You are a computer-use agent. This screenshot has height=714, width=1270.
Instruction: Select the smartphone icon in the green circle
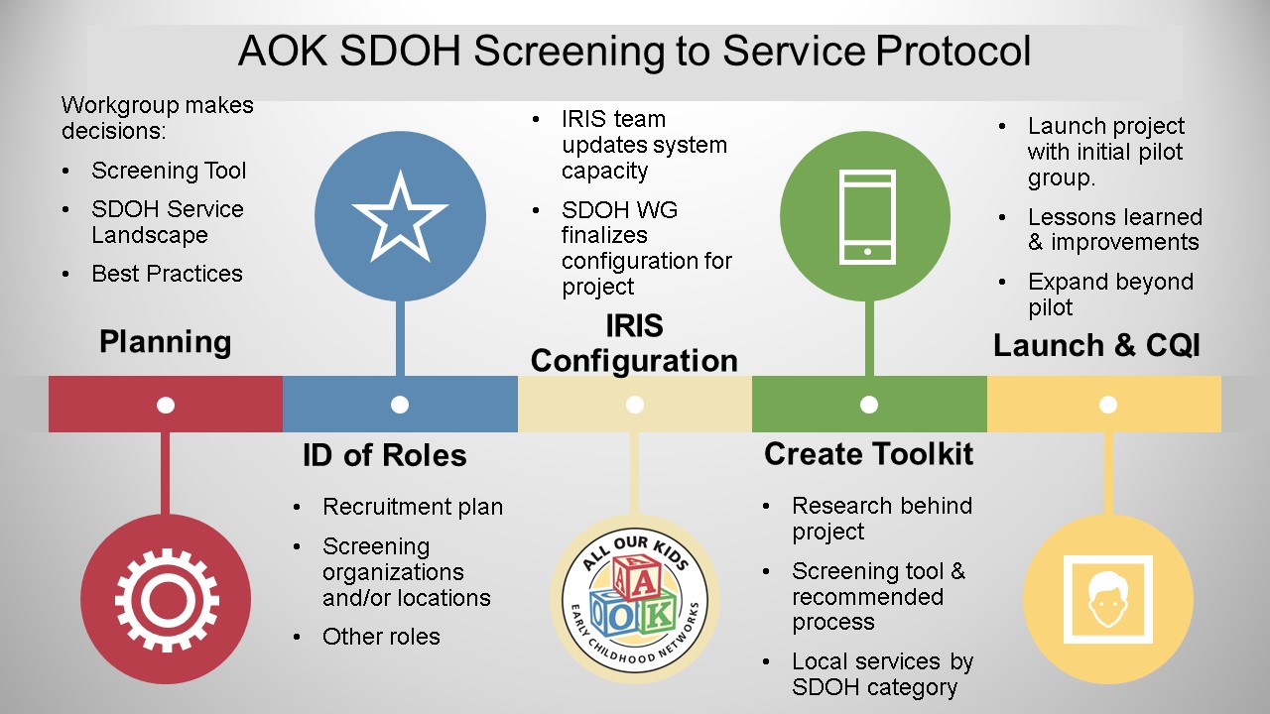[x=867, y=217]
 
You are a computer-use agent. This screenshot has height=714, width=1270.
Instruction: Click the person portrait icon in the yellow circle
[x=1108, y=600]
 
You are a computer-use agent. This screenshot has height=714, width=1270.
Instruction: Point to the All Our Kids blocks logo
[x=634, y=600]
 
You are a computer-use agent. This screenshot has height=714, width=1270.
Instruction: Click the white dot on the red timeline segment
[x=166, y=406]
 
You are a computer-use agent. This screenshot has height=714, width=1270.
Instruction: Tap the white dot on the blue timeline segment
[x=400, y=405]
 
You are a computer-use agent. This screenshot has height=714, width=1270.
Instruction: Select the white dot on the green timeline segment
[x=869, y=405]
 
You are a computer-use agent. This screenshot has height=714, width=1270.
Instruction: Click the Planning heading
[x=165, y=342]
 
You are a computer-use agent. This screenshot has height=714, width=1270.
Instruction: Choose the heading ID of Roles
[x=384, y=455]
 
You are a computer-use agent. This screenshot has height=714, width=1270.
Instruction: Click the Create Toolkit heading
[x=868, y=454]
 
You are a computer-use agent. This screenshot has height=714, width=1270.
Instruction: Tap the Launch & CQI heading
[x=1096, y=345]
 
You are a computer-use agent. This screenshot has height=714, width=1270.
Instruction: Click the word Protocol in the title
[x=953, y=51]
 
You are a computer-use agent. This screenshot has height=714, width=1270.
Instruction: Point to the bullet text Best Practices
[x=168, y=274]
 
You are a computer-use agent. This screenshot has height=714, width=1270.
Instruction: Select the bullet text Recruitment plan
[x=413, y=507]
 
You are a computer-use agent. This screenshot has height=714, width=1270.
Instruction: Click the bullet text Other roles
[x=381, y=637]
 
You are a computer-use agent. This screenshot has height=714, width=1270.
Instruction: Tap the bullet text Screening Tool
[x=169, y=171]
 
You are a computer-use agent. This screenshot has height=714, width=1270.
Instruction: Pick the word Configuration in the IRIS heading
[x=634, y=361]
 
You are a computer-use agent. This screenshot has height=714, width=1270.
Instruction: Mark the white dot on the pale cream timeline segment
[x=634, y=405]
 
